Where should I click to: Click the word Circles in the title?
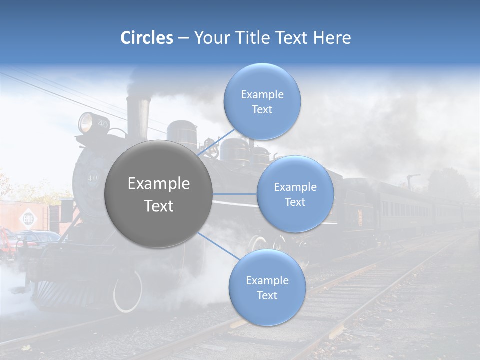coord(147,38)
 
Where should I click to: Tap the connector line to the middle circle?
coord(235,194)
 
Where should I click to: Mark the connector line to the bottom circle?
coord(219,246)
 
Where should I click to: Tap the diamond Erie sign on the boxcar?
coord(27,219)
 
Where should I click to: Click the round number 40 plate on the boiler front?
coord(92,177)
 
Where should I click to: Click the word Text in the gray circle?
coord(158,206)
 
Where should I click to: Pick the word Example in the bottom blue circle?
coord(267,280)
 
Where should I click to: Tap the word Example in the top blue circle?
coord(262,94)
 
